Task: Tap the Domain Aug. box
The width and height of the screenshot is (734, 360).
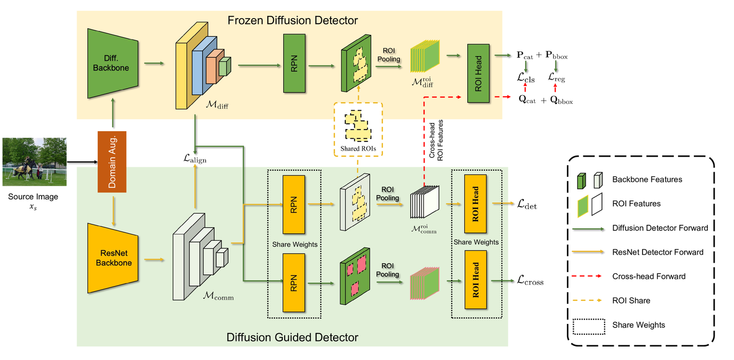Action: (x=112, y=162)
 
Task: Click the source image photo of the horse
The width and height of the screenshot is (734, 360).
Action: (x=34, y=161)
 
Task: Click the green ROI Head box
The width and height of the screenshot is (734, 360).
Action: (x=479, y=74)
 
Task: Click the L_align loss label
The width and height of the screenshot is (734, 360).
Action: (x=195, y=160)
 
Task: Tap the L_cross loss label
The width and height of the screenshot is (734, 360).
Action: (x=530, y=281)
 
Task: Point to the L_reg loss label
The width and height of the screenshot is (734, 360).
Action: (x=558, y=78)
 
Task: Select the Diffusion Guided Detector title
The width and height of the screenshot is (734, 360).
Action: (x=292, y=338)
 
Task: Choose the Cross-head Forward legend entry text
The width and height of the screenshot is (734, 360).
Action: (x=649, y=277)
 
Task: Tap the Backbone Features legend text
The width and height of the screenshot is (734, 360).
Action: (x=647, y=179)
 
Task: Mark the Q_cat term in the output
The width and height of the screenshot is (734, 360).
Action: (x=527, y=101)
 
